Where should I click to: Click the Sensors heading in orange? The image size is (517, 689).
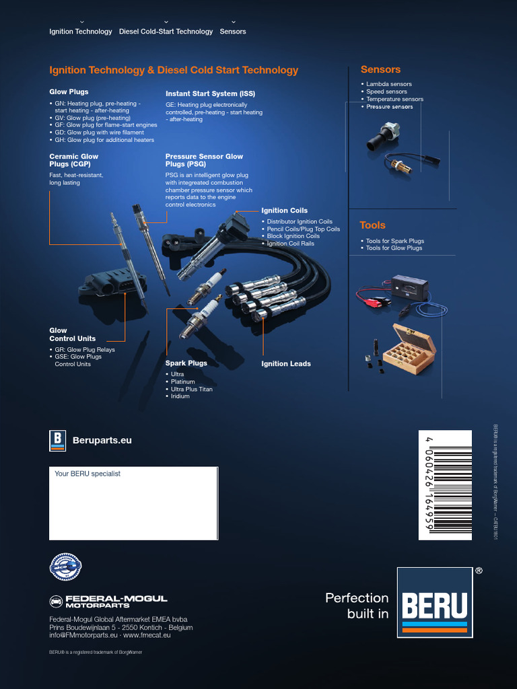(380, 69)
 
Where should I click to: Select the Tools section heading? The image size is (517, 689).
(372, 225)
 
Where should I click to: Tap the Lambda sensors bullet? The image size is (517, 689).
(388, 84)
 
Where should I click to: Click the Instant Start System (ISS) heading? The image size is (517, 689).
(210, 94)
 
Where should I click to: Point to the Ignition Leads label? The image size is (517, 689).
(286, 364)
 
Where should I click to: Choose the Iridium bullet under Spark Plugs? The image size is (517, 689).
(180, 396)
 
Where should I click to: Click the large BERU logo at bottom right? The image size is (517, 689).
(434, 602)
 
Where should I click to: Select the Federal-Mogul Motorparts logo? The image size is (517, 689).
(108, 602)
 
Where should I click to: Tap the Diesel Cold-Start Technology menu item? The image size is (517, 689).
(166, 32)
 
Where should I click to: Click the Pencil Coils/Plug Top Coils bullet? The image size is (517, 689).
(303, 229)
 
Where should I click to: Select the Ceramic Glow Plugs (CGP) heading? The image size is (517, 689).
(74, 160)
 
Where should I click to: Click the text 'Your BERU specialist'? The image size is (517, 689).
(88, 474)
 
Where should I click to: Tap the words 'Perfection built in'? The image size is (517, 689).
(357, 606)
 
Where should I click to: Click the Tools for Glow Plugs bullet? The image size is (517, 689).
(394, 248)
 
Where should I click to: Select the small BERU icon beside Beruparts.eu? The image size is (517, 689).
(58, 440)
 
